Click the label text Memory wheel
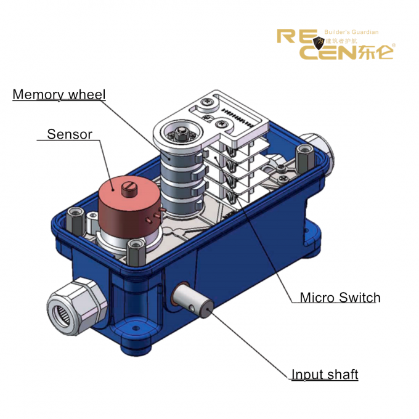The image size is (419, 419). pos(59,95)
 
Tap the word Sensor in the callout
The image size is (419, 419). pos(70,134)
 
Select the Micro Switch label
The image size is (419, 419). pos(340,298)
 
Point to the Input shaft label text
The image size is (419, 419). pos(325,375)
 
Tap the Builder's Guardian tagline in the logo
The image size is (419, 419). pos(351,32)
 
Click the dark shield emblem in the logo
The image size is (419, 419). pos(319,43)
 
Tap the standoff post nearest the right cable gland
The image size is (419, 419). pos(303,158)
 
